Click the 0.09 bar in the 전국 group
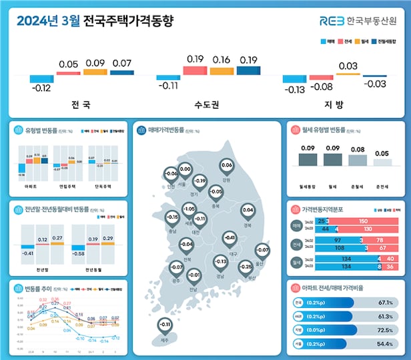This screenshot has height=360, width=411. click(93, 71)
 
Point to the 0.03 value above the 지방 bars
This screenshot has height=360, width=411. click(348, 66)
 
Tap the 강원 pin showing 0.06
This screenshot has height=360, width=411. click(226, 166)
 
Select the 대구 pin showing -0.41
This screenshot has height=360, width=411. click(230, 239)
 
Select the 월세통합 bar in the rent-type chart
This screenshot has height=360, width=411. click(308, 159)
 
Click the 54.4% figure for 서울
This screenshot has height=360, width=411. click(386, 344)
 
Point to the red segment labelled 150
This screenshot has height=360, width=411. click(363, 221)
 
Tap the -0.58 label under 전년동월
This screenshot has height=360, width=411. click(79, 254)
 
